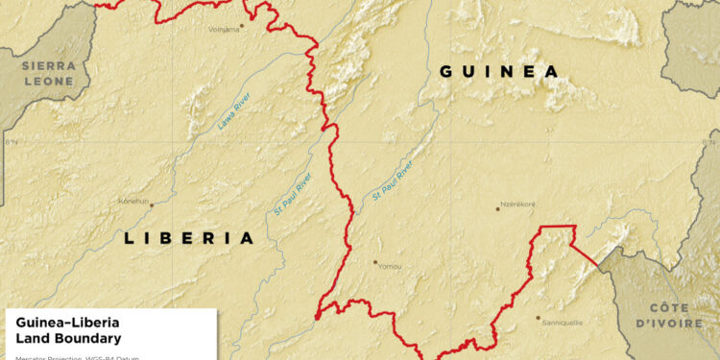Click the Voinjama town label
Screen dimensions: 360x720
coord(223,29)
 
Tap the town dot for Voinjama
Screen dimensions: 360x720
coord(243,26)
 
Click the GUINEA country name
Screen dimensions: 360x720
coord(498,71)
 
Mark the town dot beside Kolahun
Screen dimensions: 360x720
coord(151,204)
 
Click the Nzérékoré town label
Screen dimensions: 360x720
coord(516,206)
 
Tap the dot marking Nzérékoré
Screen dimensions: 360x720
coord(498,207)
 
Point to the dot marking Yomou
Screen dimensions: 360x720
coord(375,261)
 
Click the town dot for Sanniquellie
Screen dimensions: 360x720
coord(538,318)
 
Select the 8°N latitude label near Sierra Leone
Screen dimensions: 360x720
coord(11,141)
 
